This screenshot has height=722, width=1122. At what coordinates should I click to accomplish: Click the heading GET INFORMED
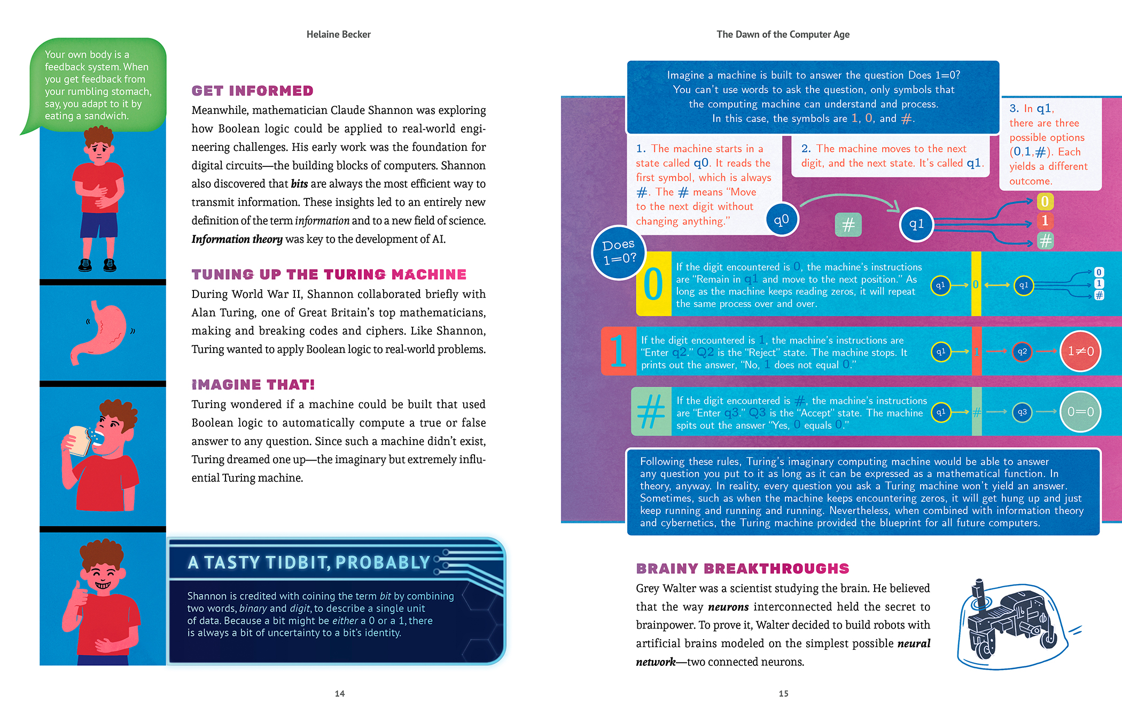[x=252, y=91]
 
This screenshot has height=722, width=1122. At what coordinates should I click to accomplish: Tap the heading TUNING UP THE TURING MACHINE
[x=329, y=274]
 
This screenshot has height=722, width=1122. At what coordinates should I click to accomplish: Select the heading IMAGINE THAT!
[x=253, y=385]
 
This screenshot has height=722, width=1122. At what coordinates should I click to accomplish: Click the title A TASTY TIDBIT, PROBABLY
[x=309, y=562]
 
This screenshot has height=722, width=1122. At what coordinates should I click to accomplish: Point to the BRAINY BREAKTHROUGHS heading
[x=742, y=569]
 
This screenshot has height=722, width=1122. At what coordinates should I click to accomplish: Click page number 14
[x=340, y=694]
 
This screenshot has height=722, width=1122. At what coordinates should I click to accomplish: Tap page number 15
[x=783, y=694]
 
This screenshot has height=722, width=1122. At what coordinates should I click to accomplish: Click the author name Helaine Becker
[x=338, y=34]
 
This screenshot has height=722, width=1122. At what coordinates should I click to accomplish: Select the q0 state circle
[x=781, y=219]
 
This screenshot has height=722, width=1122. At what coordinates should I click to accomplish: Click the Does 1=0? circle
[x=619, y=252]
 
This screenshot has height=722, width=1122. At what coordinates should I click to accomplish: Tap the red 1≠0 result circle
[x=1080, y=351]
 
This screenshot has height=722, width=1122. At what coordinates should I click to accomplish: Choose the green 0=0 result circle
[x=1080, y=412]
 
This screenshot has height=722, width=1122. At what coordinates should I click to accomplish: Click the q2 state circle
[x=1022, y=351]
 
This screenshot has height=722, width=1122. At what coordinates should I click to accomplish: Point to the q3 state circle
[x=1022, y=412]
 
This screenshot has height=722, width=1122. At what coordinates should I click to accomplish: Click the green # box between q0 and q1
[x=848, y=225]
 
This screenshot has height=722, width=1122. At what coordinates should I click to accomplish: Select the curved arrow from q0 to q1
[x=850, y=199]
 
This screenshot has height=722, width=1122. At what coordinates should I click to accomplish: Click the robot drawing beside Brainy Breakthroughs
[x=1010, y=623]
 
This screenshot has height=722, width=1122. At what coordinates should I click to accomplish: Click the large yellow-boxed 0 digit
[x=653, y=284]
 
